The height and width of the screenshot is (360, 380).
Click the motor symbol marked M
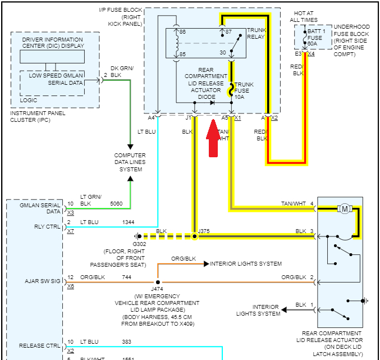tap(344, 209)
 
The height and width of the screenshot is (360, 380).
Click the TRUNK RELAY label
tap(257, 33)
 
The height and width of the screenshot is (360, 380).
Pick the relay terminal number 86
tap(182, 32)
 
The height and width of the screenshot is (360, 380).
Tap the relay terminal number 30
tap(222, 53)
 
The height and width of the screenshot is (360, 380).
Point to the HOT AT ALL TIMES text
tap(303, 16)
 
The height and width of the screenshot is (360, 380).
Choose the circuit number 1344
tap(128, 222)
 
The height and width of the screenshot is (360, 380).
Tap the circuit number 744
tap(127, 277)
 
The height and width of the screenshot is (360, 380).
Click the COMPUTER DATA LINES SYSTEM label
tap(130, 162)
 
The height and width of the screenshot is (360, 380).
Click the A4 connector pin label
tap(151, 118)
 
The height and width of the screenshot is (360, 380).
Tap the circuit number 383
tap(127, 341)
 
